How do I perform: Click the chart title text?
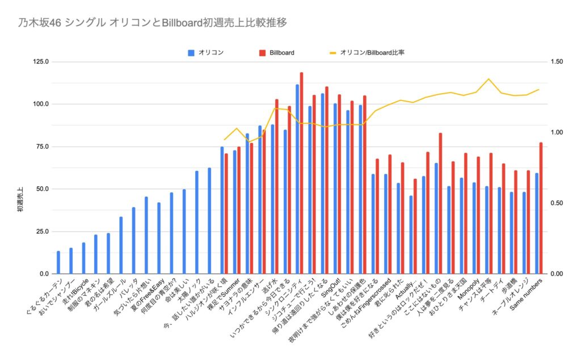click(x=152, y=23)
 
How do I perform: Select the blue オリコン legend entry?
click(x=205, y=53)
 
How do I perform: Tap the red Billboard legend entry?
click(x=277, y=53)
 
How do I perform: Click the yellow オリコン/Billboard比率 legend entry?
click(x=367, y=53)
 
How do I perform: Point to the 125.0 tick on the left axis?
click(x=41, y=61)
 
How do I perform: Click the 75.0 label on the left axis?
click(x=42, y=146)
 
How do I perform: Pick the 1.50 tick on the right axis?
click(x=557, y=61)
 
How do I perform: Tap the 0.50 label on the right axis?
click(x=557, y=203)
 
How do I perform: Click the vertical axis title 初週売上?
click(x=20, y=199)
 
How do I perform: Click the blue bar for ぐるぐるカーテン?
click(x=58, y=262)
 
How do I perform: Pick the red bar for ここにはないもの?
click(x=440, y=203)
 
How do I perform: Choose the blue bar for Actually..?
click(x=411, y=235)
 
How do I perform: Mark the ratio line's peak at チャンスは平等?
click(x=489, y=79)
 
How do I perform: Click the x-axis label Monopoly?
click(x=469, y=290)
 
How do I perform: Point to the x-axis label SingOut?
click(x=331, y=288)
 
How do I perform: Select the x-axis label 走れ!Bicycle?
click(x=75, y=291)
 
